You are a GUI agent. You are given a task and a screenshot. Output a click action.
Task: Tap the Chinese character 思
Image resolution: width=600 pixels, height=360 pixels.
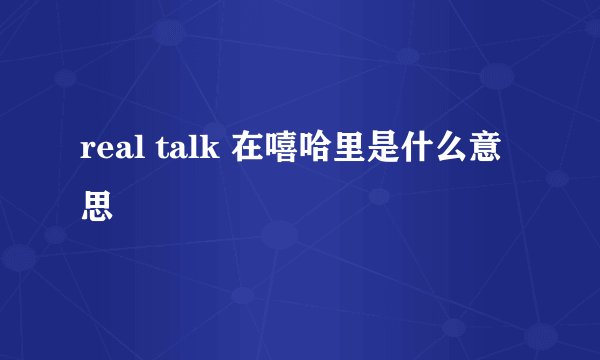98,207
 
